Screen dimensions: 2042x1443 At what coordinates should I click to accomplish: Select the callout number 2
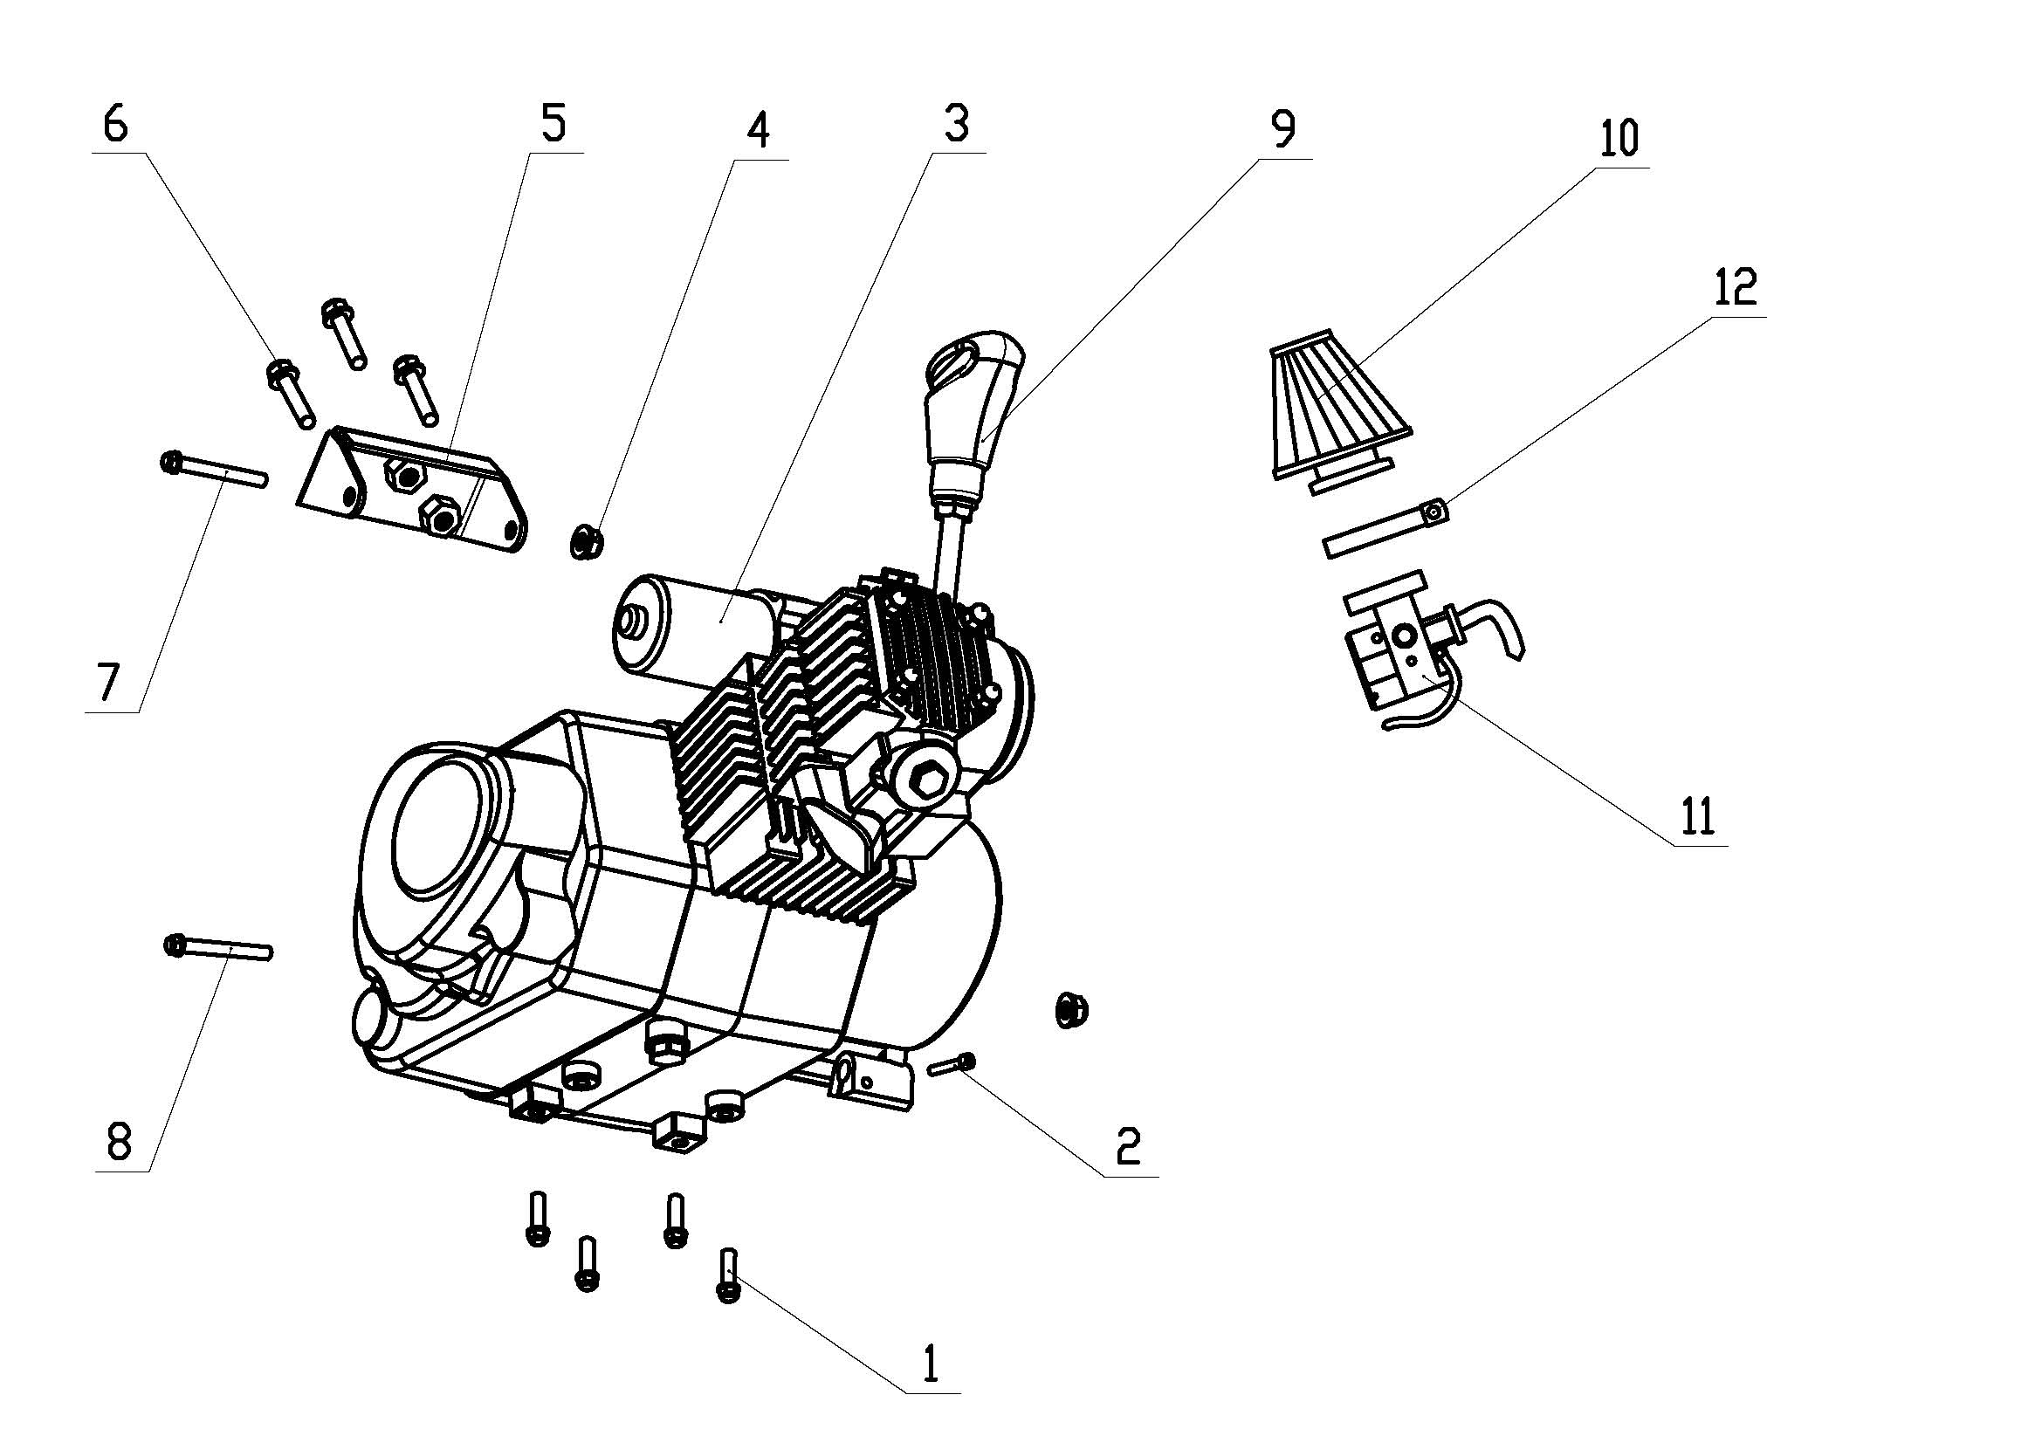(1128, 1147)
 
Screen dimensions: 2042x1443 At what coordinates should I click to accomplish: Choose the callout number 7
(107, 683)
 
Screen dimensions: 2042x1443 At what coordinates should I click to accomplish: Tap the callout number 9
(1282, 130)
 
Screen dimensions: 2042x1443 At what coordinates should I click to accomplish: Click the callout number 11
(1697, 816)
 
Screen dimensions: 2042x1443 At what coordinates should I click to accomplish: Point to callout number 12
(1735, 287)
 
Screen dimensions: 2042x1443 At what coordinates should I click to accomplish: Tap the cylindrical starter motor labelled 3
(703, 628)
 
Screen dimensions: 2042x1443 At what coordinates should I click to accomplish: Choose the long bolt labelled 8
(218, 948)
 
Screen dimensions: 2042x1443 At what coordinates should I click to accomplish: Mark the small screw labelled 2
(952, 1064)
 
